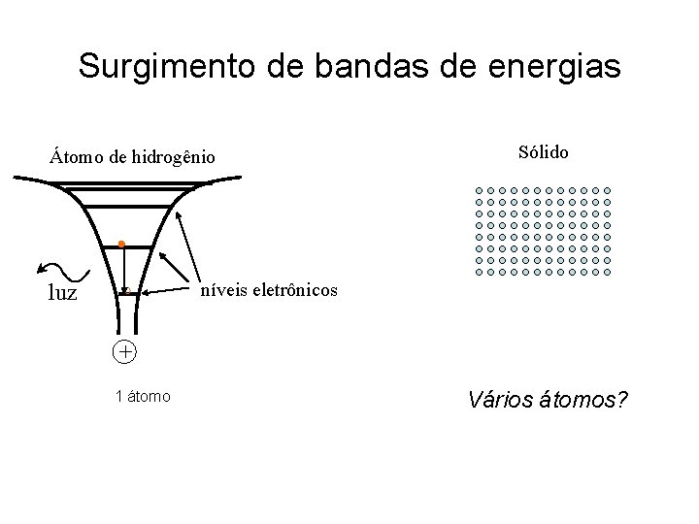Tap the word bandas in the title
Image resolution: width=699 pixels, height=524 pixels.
coord(349,66)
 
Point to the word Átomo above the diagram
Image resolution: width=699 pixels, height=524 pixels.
coord(78,156)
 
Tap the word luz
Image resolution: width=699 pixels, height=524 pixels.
coord(62,292)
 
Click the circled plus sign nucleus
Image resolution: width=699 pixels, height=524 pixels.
coord(124,351)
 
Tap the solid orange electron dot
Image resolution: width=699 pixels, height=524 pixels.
coord(121,245)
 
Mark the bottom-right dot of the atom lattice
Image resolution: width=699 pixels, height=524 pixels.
coord(608,274)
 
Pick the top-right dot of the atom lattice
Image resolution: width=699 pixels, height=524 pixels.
coord(608,191)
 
